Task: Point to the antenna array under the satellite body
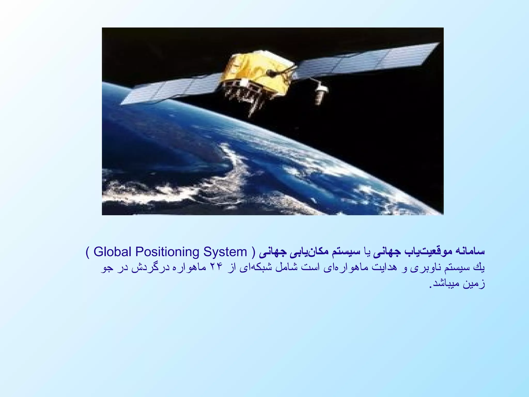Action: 245,96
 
